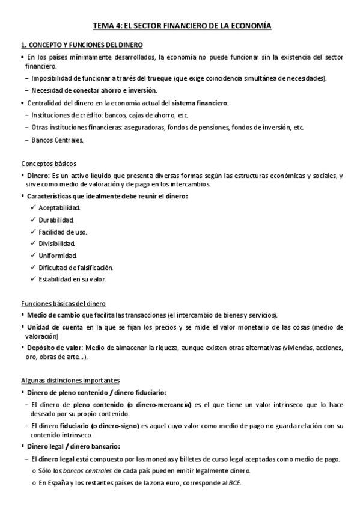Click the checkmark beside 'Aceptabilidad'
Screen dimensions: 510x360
[32, 207]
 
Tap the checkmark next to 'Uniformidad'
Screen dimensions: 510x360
[32, 256]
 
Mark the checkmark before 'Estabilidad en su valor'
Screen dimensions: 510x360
[32, 280]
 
